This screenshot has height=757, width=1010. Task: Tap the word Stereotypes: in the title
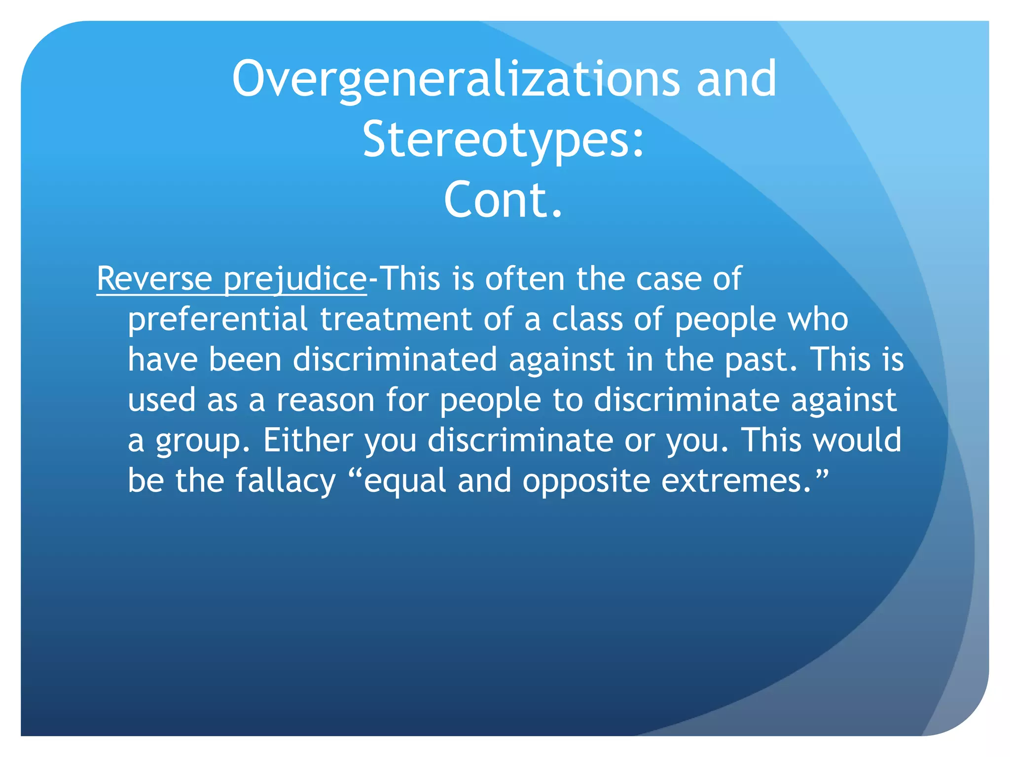pos(504,139)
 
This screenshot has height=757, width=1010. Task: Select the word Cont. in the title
pos(503,200)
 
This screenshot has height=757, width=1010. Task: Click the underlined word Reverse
pos(154,279)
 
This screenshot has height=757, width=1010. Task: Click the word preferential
pos(217,319)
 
